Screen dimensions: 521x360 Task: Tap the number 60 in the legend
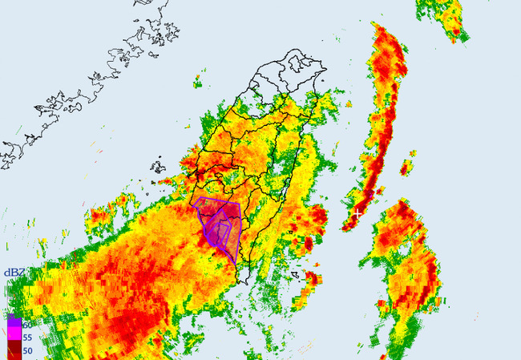click(27, 325)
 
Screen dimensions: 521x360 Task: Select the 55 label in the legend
click(27, 338)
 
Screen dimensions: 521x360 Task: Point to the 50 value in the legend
click(27, 351)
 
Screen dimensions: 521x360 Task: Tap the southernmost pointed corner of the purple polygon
click(235, 265)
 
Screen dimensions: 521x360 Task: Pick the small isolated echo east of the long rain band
click(406, 165)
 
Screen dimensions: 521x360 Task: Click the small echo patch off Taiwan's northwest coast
click(197, 81)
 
